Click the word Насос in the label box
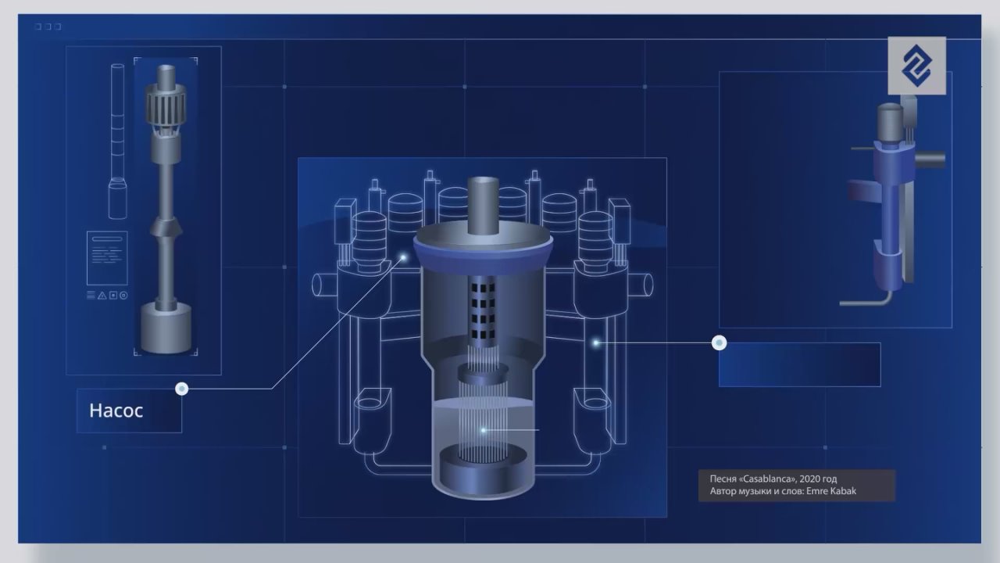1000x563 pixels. pos(116,411)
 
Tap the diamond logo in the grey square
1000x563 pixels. pos(916,66)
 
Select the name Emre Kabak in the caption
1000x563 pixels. pos(831,491)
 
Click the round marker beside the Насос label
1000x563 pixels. pos(182,389)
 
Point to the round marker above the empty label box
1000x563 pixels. pos(719,342)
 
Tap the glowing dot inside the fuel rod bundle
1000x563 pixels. pos(483,430)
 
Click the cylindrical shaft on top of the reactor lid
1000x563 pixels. pos(483,206)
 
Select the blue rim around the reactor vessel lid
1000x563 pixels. pos(483,258)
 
